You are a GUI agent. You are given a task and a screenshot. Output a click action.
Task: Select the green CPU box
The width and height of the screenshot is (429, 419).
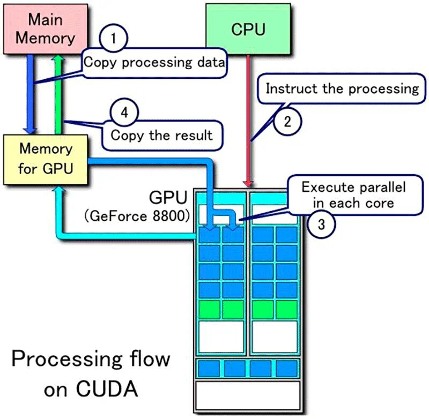pyautogui.click(x=248, y=28)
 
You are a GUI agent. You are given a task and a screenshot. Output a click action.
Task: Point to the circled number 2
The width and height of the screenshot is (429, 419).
pyautogui.click(x=287, y=121)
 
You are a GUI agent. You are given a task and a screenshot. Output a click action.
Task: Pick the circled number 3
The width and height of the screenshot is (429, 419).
pyautogui.click(x=321, y=223)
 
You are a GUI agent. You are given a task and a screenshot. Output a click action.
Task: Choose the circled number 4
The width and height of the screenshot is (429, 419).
pyautogui.click(x=124, y=113)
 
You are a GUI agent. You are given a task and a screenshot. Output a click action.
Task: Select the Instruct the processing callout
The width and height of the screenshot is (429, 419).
pyautogui.click(x=342, y=88)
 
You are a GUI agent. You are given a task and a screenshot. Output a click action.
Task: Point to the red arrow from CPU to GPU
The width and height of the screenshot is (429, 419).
pyautogui.click(x=248, y=118)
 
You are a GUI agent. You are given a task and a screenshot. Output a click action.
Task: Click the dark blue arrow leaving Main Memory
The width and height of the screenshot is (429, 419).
pyautogui.click(x=32, y=91)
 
